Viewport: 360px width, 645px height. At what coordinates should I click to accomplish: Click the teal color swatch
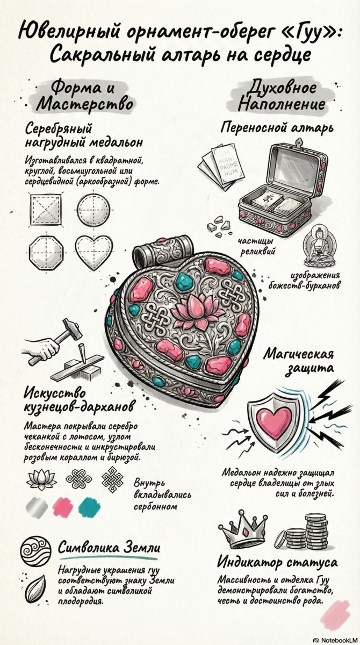88,506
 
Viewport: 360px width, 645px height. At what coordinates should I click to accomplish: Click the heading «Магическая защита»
300,361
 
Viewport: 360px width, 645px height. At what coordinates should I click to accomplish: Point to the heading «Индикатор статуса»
277,563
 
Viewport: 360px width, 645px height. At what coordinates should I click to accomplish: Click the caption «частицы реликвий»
256,247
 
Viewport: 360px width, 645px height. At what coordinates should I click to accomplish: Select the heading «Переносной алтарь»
277,128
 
